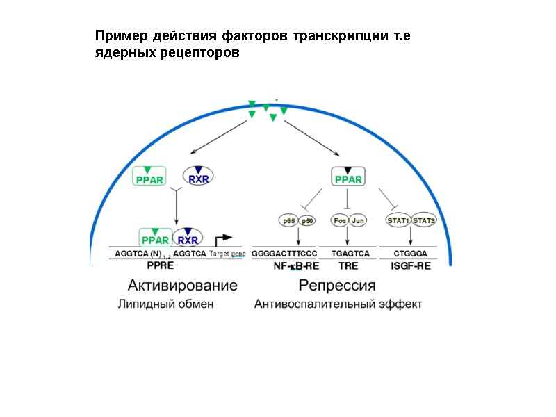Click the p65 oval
tap(288, 221)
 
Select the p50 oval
tap(308, 221)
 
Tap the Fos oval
tap(340, 221)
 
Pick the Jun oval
tap(357, 221)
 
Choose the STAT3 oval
tap(424, 221)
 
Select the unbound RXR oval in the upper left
tap(198, 177)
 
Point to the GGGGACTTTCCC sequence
tap(284, 254)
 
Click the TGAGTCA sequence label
tap(350, 254)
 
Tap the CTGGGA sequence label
tap(410, 254)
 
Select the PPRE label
tap(160, 265)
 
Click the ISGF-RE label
tap(411, 265)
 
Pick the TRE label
tap(347, 265)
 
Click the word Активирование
tap(182, 285)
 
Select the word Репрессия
tap(337, 285)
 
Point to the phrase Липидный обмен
tap(165, 304)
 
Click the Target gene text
tap(227, 254)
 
